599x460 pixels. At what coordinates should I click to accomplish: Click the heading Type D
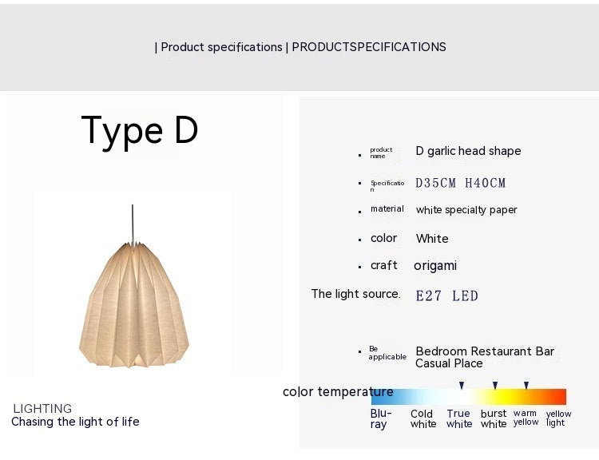140,130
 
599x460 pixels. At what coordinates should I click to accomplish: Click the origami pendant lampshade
133,299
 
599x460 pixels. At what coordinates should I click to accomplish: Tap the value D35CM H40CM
461,183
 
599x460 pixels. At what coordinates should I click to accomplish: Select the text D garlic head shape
468,151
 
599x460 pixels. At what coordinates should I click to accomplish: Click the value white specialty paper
466,210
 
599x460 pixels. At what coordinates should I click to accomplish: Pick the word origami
435,265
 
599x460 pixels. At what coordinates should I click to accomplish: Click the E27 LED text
446,295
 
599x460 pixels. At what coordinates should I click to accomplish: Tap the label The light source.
355,294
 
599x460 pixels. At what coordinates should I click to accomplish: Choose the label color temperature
338,391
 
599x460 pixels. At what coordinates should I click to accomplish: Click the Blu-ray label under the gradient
380,418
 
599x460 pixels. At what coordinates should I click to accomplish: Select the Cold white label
422,418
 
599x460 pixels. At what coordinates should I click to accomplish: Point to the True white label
459,418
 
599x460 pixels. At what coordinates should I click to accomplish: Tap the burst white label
494,418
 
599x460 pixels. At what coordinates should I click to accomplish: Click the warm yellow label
526,418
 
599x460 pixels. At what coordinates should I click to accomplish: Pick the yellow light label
558,418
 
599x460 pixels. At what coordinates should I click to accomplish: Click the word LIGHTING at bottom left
42,408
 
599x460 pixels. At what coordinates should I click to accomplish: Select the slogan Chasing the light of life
75,422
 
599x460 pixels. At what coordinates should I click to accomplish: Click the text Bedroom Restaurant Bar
485,351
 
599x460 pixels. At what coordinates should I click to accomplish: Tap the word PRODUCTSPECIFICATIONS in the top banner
369,47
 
